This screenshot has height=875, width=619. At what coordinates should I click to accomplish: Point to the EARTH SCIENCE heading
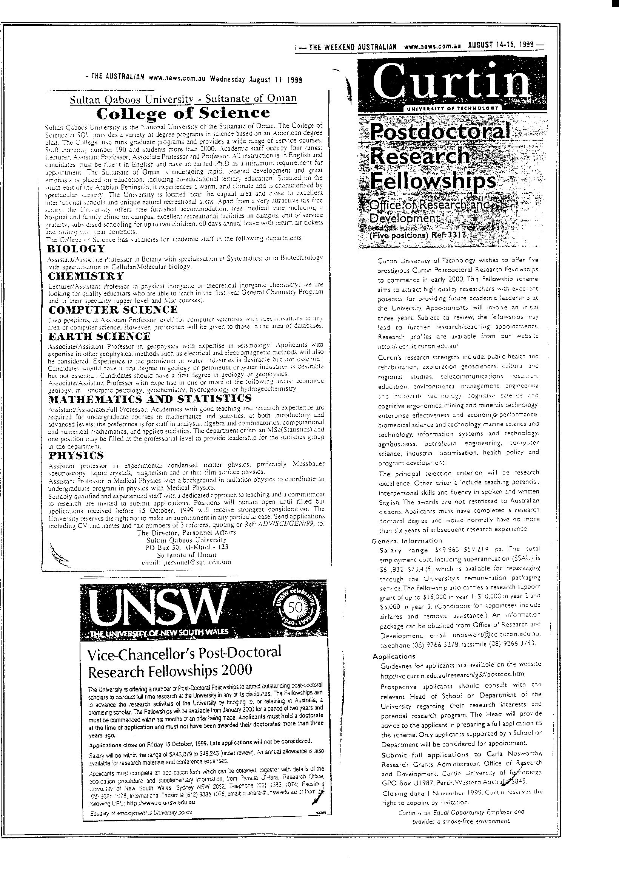pyautogui.click(x=100, y=336)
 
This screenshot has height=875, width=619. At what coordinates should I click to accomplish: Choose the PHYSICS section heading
pyautogui.click(x=76, y=455)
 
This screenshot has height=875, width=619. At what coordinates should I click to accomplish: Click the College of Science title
pyautogui.click(x=183, y=113)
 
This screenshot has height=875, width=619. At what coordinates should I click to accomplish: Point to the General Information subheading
pyautogui.click(x=401, y=541)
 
